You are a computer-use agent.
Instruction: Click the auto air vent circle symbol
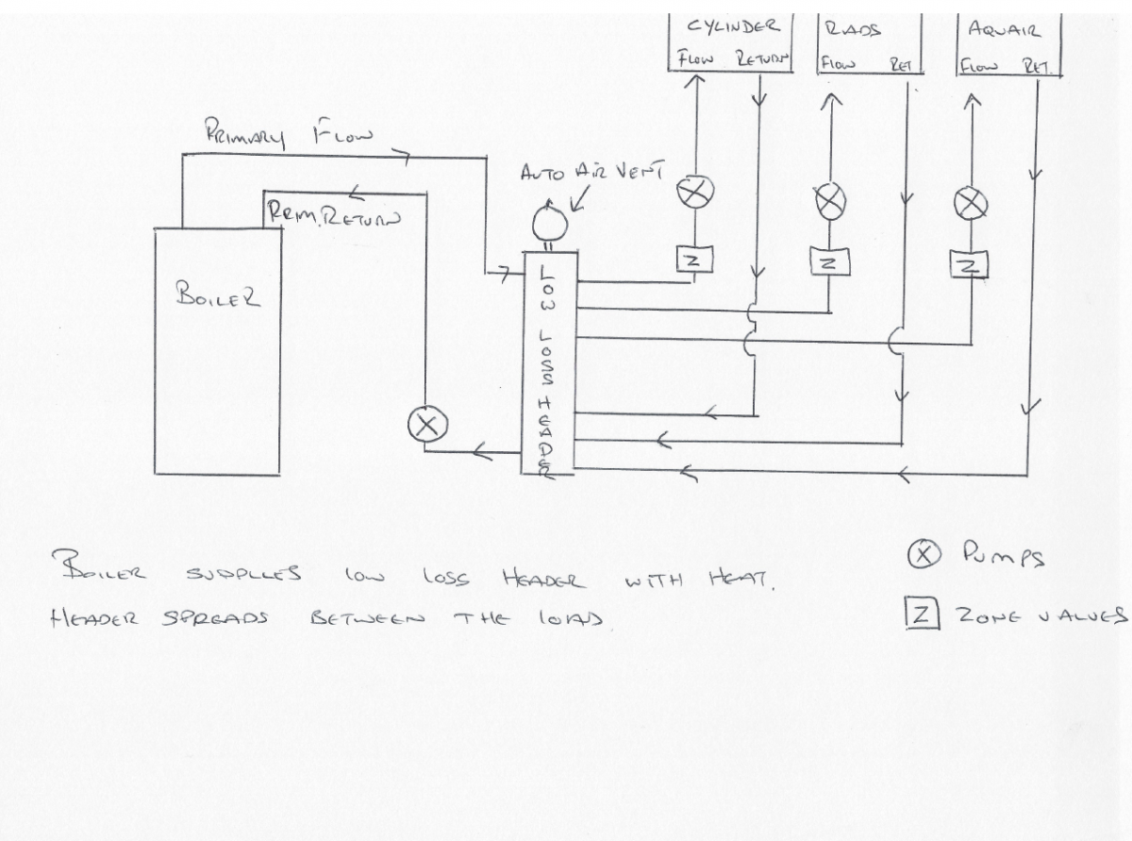coord(548,225)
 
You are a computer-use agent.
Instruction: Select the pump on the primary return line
coord(425,426)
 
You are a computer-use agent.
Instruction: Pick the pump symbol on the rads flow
coord(829,199)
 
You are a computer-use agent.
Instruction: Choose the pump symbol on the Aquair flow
coord(970,201)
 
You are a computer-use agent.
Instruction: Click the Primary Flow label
coord(289,135)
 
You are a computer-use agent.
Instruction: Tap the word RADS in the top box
coord(852,28)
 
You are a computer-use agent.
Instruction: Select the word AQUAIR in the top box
coord(1004,29)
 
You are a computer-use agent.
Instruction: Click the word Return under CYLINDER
coord(759,59)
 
